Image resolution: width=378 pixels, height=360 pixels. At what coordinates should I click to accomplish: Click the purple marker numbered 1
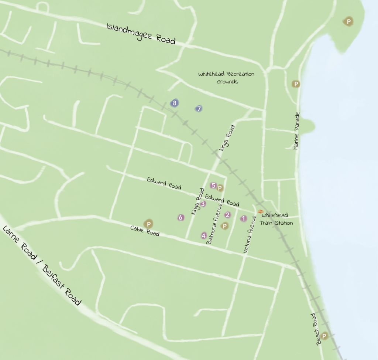click(x=243, y=218)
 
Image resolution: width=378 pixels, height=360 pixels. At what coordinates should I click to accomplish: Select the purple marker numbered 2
click(x=228, y=215)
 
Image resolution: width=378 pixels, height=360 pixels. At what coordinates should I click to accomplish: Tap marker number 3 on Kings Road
click(x=203, y=204)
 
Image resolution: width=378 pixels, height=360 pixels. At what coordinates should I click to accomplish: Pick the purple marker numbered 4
click(x=203, y=235)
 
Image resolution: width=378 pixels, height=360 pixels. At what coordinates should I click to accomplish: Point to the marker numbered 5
click(x=213, y=185)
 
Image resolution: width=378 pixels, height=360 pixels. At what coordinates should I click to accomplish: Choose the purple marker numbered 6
click(x=181, y=218)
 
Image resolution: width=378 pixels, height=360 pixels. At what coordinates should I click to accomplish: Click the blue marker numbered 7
click(x=199, y=109)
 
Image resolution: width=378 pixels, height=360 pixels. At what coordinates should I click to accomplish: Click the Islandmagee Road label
click(x=141, y=34)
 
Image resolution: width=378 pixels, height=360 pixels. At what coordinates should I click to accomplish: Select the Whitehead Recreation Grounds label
click(x=226, y=78)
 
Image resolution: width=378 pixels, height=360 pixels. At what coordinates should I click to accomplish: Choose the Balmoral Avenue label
click(x=214, y=223)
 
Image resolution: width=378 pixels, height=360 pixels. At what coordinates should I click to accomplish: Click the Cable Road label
click(x=145, y=231)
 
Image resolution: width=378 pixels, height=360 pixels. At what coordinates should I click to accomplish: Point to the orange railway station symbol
click(x=261, y=212)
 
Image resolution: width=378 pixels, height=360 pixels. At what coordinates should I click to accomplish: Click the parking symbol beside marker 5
click(x=220, y=188)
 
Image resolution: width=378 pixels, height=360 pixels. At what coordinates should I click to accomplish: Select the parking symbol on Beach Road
click(x=324, y=336)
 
